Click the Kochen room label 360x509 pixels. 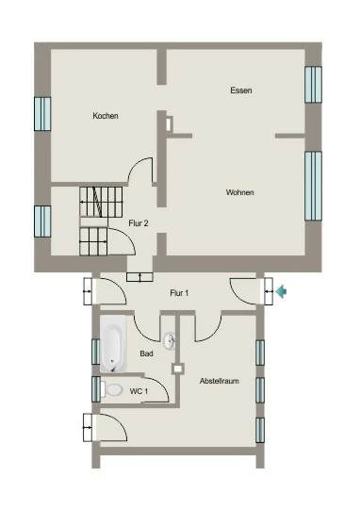(106, 116)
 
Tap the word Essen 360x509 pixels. (241, 90)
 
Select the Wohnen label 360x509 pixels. (240, 192)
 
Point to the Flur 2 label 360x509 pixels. (139, 223)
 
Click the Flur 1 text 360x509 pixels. (179, 293)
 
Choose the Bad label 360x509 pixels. (146, 353)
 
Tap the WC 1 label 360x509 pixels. (139, 391)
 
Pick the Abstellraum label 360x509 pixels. (220, 381)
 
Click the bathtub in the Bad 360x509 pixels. (113, 343)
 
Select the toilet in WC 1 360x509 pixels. (111, 389)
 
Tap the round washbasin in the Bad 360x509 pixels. (170, 341)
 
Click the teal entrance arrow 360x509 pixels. (281, 291)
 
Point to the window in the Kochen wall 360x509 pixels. (42, 114)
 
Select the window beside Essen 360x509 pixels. (313, 85)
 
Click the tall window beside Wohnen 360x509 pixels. (313, 186)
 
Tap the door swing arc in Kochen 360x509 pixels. (137, 166)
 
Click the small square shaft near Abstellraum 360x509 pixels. (177, 369)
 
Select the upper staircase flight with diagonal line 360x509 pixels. (101, 202)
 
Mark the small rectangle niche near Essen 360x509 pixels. (169, 123)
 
